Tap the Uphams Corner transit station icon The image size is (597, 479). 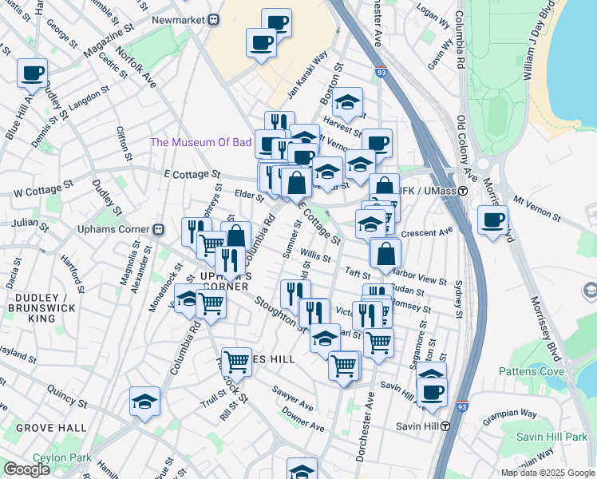click(x=158, y=230)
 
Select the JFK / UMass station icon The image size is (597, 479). click(x=463, y=190)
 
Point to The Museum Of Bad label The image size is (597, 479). click(x=201, y=143)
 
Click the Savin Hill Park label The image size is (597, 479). click(x=552, y=437)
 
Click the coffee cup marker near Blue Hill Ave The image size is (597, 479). click(x=32, y=73)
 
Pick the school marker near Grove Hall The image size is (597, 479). click(x=144, y=402)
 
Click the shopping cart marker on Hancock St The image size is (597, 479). click(x=236, y=362)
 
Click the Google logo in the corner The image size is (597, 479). click(x=26, y=469)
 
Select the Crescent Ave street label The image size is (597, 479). click(x=426, y=232)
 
